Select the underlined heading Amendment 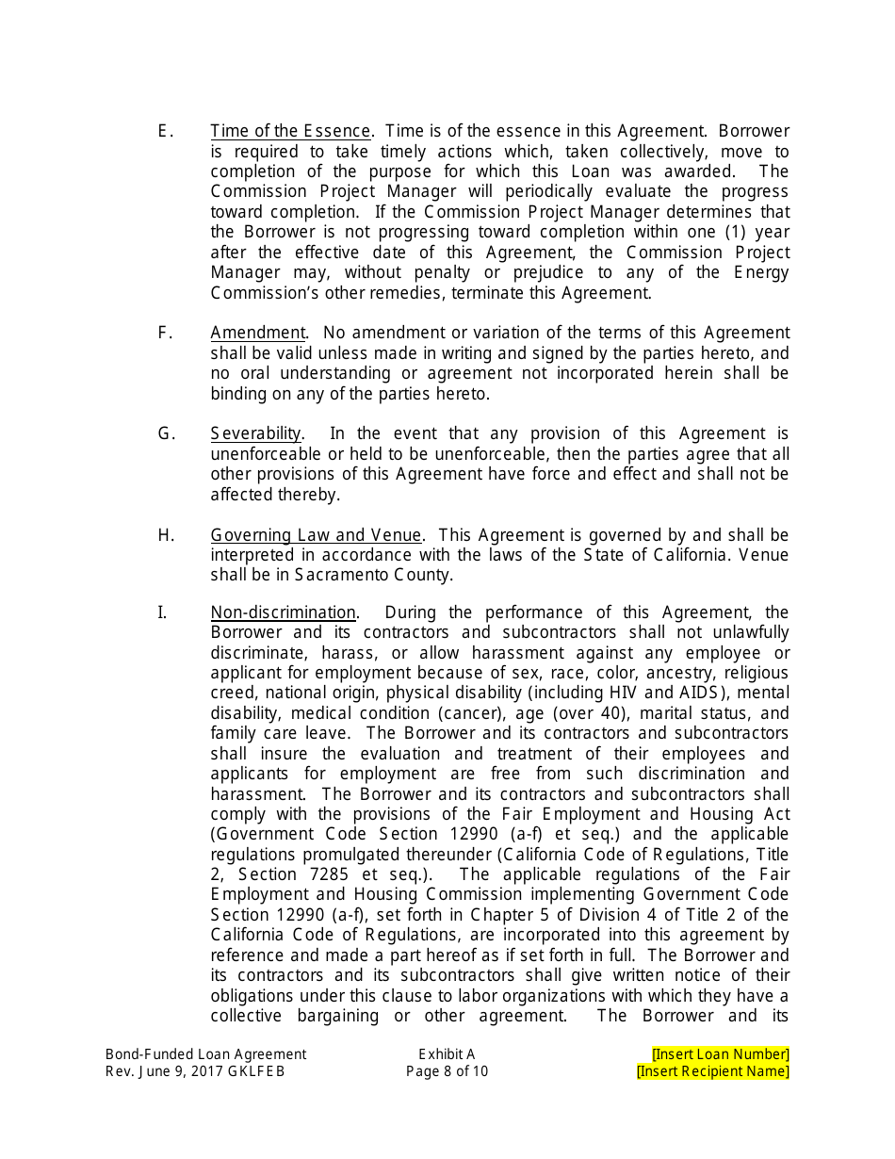[x=257, y=333]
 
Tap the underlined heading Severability [x=255, y=433]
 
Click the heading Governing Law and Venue [x=316, y=535]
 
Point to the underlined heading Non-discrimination [x=283, y=612]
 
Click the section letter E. [x=165, y=131]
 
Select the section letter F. [x=165, y=333]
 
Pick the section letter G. [x=166, y=433]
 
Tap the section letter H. [x=166, y=535]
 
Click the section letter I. [x=161, y=612]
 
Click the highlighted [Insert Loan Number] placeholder [x=720, y=1054]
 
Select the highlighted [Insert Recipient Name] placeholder [x=712, y=1071]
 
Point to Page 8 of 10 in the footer [x=447, y=1071]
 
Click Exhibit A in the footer [x=447, y=1054]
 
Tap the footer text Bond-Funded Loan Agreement [x=205, y=1054]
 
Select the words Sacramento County [x=373, y=575]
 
